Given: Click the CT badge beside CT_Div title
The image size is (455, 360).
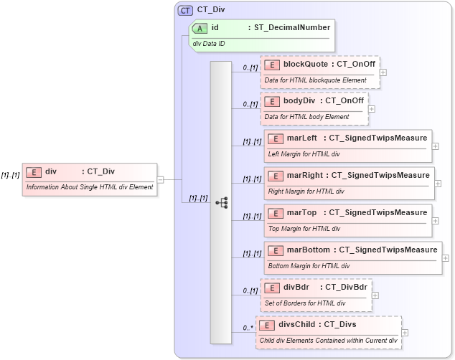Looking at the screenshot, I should point(185,10).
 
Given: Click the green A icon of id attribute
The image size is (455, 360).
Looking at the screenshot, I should point(202,28).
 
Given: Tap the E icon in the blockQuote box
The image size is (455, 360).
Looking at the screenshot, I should point(272,65).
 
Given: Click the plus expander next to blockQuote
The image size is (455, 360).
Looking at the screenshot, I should point(383,72).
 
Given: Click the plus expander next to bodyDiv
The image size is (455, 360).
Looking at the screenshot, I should point(372,109).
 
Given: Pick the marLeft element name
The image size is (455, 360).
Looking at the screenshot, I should point(302,138).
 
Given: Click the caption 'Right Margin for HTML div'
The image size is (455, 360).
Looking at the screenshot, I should point(306,191).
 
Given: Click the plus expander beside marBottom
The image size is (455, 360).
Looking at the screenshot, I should point(446,258).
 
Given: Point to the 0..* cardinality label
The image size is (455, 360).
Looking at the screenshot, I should point(248,328).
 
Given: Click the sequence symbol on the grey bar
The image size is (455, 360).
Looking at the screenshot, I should point(221,203).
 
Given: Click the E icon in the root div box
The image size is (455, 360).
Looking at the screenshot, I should point(34,171).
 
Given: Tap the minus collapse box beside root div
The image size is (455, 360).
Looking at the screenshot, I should point(160,180).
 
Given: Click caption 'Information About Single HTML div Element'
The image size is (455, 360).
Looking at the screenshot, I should point(90,187).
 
